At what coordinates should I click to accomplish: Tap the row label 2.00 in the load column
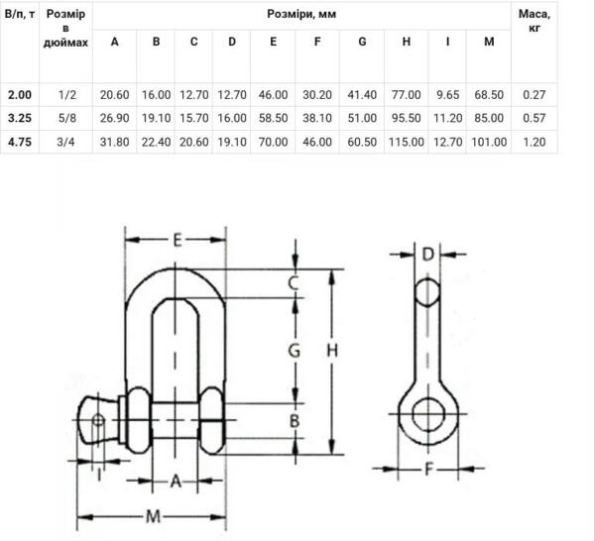(x=20, y=94)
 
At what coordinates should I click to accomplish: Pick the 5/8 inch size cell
(x=67, y=118)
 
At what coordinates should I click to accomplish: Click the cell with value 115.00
(x=407, y=142)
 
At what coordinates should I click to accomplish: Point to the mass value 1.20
(x=535, y=142)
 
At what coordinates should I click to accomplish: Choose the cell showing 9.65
(x=448, y=94)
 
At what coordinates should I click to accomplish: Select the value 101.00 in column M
(x=488, y=142)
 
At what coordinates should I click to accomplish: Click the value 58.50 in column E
(x=271, y=118)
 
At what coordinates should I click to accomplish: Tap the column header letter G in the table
(x=363, y=42)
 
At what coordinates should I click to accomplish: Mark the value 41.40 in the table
(x=363, y=94)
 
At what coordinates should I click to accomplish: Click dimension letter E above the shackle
(x=177, y=240)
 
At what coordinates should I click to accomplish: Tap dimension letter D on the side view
(x=427, y=255)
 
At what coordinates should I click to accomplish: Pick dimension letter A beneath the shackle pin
(x=176, y=481)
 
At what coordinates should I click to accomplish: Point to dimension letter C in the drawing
(x=294, y=284)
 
